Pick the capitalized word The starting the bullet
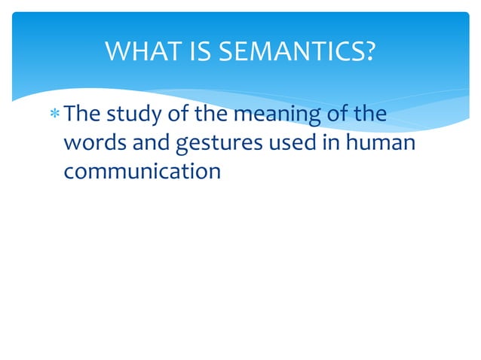click(x=82, y=114)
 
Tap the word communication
click(x=142, y=171)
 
